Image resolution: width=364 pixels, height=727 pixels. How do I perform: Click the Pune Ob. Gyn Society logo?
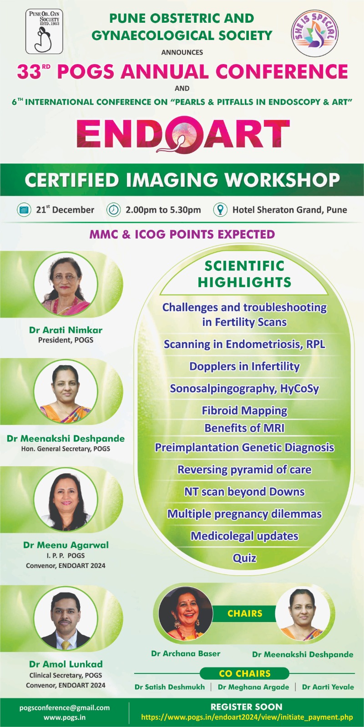44,31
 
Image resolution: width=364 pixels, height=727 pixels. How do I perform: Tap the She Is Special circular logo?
314,33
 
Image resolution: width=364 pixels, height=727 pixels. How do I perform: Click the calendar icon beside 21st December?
24,209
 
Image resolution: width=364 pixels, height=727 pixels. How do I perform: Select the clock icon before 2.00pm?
113,209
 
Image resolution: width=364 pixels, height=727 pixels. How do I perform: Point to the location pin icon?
220,209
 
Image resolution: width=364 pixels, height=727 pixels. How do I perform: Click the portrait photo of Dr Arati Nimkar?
66,284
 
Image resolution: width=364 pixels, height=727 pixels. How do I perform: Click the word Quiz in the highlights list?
244,558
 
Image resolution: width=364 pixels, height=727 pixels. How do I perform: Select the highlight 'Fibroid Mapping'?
244,411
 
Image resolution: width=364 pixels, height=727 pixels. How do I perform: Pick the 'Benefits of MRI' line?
244,428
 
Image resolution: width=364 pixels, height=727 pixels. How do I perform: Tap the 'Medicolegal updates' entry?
244,536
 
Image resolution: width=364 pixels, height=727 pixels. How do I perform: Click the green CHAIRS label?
245,613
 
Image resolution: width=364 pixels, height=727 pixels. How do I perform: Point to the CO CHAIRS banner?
244,673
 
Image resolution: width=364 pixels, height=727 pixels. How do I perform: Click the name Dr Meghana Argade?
253,687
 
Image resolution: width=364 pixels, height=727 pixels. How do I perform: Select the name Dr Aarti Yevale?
328,687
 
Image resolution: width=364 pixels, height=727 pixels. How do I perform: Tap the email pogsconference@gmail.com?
64,707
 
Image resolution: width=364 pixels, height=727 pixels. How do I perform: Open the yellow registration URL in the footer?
247,717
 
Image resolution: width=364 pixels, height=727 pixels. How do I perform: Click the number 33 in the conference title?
29,72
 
